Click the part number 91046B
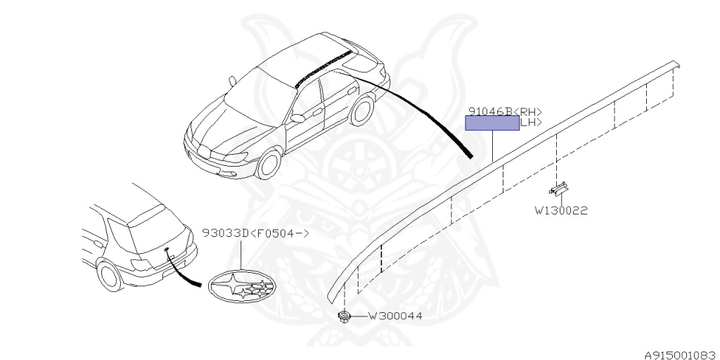(x=490, y=111)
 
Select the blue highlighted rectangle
(x=492, y=124)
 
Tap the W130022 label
(x=560, y=210)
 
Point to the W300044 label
(x=395, y=316)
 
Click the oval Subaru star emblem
(x=240, y=285)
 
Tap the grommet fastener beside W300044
(x=344, y=317)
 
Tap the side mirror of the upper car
(x=298, y=118)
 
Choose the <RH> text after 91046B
(x=529, y=111)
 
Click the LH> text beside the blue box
(x=530, y=122)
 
